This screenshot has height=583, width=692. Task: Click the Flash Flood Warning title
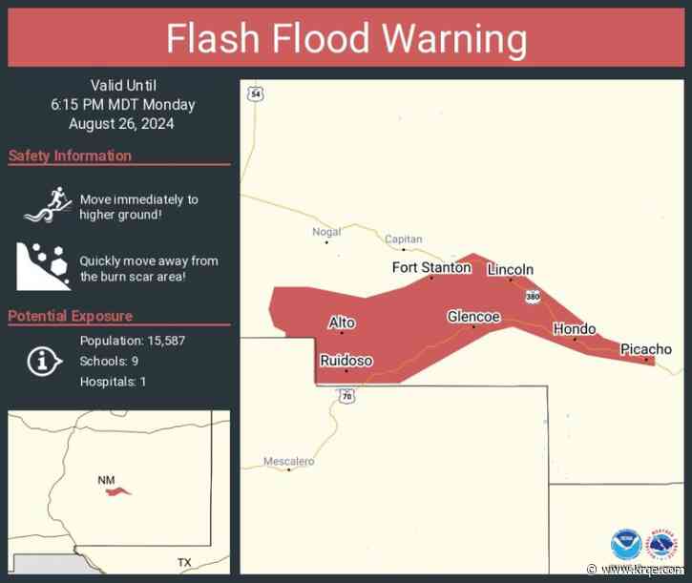coord(346,38)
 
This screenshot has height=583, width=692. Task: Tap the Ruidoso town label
coord(346,361)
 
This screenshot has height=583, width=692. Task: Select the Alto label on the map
coord(342,323)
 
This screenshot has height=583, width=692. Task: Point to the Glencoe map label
coord(473,317)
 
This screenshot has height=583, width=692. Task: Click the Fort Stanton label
coord(431,267)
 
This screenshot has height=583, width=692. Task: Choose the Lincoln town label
coord(510,270)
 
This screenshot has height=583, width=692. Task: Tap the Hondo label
coord(575,329)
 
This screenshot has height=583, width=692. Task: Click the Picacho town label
coord(645,349)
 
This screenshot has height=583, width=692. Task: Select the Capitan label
coord(403,239)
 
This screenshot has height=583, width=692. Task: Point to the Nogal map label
coord(326,232)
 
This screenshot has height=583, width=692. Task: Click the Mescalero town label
coord(288,462)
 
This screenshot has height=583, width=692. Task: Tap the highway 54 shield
coord(253,94)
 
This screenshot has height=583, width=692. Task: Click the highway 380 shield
coord(531,297)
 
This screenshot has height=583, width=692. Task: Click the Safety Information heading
coord(70,156)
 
